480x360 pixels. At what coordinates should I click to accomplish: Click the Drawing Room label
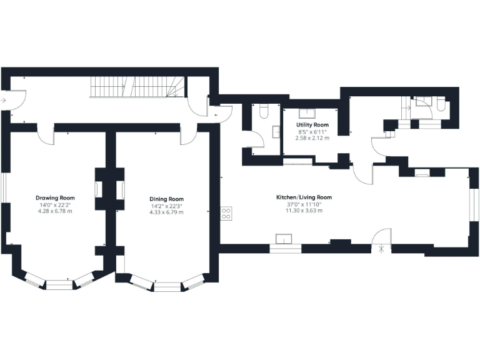(x=55, y=197)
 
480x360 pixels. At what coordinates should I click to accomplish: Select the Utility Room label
(x=312, y=125)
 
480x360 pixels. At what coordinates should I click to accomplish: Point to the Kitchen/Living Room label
(x=304, y=197)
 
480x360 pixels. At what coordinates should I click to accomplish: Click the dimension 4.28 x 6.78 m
(x=55, y=211)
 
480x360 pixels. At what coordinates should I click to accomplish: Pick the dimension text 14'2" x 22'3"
(x=167, y=206)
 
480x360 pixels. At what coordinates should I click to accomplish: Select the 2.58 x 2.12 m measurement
(x=312, y=138)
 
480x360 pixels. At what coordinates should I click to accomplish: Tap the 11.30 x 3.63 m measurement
(x=304, y=211)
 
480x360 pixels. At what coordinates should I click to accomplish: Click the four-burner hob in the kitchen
(x=226, y=214)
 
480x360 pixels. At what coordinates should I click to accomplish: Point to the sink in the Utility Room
(x=307, y=114)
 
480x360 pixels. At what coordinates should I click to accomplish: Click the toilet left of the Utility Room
(x=263, y=112)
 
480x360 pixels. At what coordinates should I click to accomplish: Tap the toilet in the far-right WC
(x=441, y=106)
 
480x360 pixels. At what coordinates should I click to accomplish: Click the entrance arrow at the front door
(x=4, y=99)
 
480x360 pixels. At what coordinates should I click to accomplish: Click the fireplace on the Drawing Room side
(x=98, y=189)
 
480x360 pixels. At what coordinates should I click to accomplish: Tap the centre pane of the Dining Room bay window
(x=166, y=287)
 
